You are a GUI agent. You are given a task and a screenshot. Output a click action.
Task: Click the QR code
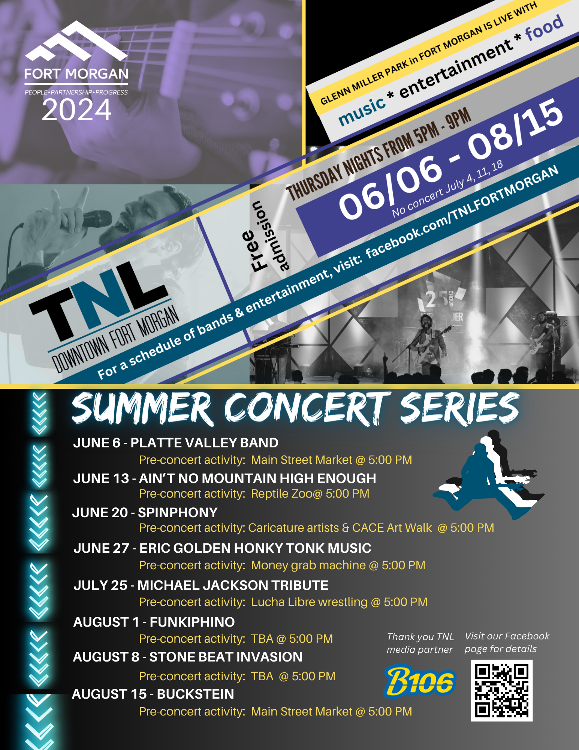coord(501,690)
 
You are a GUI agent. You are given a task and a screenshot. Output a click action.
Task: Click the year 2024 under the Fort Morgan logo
coord(76,109)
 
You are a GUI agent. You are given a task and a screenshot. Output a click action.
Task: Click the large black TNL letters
coord(98,300)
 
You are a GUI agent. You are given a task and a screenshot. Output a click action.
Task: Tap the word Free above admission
coord(254,250)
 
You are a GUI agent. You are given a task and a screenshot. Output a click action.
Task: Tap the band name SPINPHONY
coord(178,513)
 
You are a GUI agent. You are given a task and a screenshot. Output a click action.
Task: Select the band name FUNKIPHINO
coord(192,622)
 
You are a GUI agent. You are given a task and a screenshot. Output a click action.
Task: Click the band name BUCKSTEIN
coord(195,694)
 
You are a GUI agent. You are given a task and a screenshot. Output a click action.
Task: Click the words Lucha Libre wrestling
coord(309,602)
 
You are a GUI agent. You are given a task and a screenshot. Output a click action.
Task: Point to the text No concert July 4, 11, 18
coord(447,189)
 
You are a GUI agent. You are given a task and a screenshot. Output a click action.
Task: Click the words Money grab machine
coord(308,565)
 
